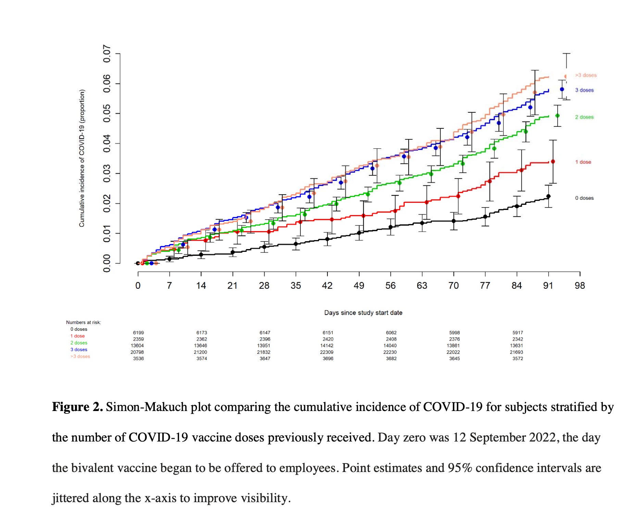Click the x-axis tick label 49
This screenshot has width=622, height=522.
pos(359,286)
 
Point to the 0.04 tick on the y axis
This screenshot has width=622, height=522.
pos(107,143)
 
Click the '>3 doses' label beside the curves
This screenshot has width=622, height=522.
pos(586,75)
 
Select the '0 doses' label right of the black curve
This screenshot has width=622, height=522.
pos(584,198)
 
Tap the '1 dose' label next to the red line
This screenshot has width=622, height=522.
pos(583,162)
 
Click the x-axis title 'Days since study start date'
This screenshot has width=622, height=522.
pos(363,313)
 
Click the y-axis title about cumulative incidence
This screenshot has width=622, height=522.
pos(82,158)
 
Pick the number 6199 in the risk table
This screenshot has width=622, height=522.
pos(138,333)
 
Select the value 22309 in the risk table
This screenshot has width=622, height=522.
pos(327,352)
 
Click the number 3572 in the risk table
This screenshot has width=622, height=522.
pos(518,359)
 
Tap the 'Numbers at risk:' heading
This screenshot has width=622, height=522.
pos(84,322)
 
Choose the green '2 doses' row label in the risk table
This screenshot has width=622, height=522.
pos(79,343)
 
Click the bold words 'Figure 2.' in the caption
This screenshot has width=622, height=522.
pos(77,407)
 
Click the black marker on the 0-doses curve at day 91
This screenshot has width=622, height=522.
pos(548,196)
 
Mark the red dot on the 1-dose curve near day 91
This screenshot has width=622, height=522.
pos(553,162)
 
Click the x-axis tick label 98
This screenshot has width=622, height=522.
pos(580,286)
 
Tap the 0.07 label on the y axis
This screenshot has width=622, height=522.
pos(107,54)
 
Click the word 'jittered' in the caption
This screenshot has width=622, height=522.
pos(70,498)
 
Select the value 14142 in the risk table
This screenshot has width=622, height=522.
pos(327,346)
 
